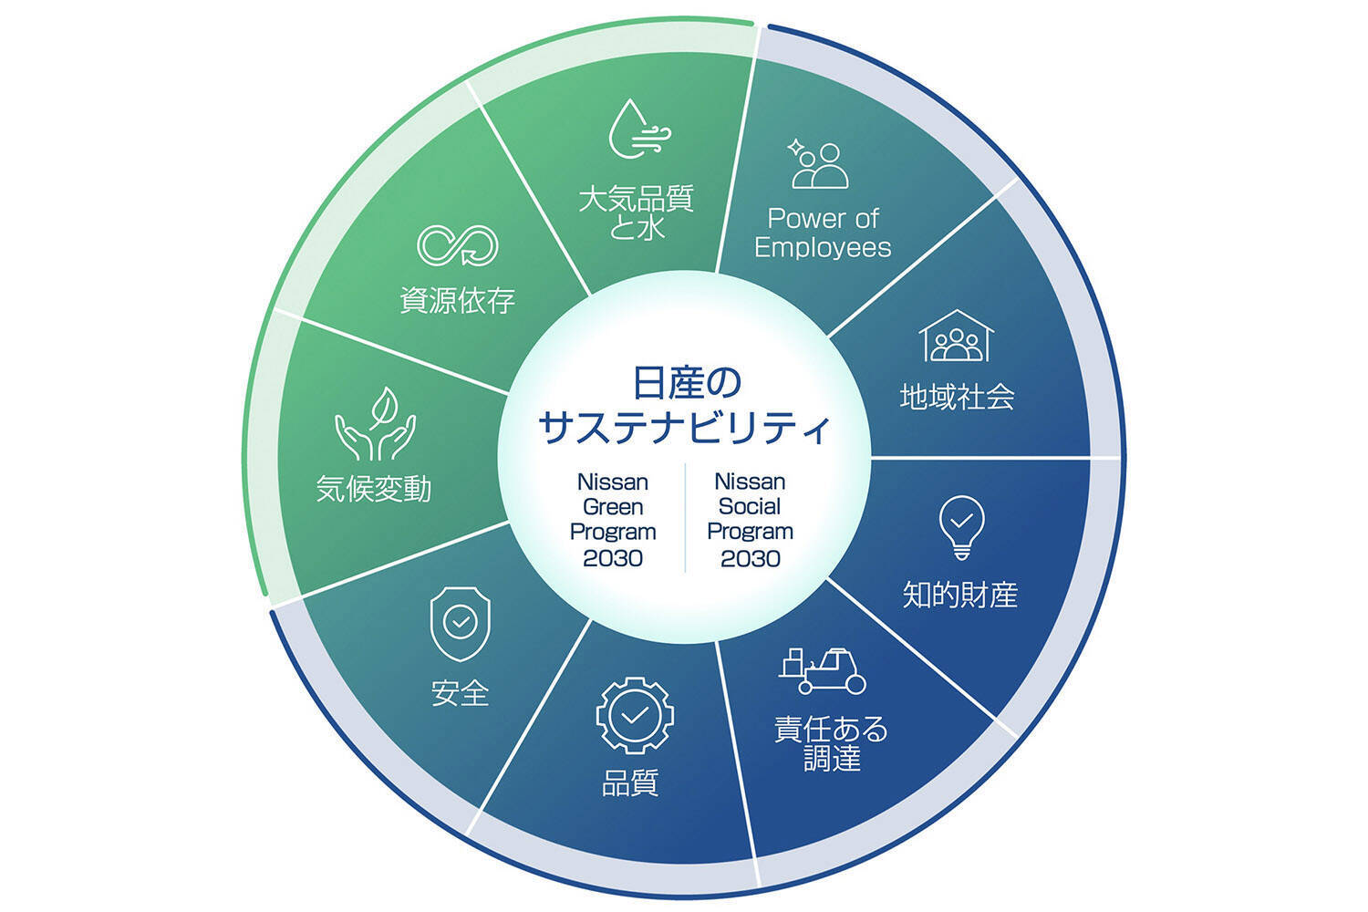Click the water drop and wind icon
[x=637, y=130]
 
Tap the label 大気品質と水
[x=637, y=212]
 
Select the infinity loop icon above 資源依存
[x=458, y=244]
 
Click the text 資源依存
[x=458, y=300]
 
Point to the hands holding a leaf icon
[x=375, y=424]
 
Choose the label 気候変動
[x=374, y=489]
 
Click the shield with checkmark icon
[x=460, y=624]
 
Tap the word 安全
[x=460, y=693]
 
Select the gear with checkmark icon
[x=635, y=715]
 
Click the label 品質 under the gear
[x=630, y=782]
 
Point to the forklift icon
[x=823, y=671]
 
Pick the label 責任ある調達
[x=831, y=743]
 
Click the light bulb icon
[x=961, y=527]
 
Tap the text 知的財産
[x=959, y=595]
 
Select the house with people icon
[x=956, y=337]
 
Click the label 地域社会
[x=957, y=397]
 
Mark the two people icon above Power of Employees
[x=818, y=165]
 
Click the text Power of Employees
[x=823, y=233]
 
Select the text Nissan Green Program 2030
[x=613, y=520]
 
